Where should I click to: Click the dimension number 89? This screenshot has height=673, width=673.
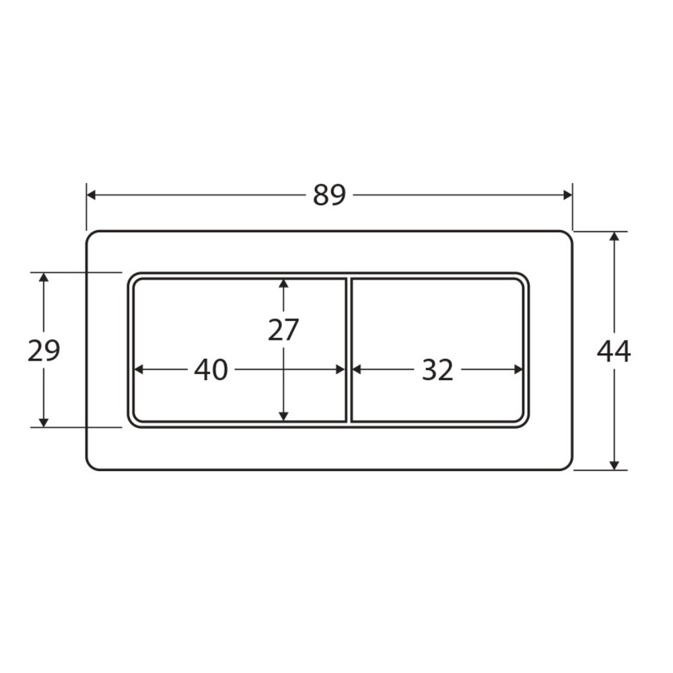pos(329,195)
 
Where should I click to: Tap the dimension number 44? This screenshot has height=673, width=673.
pos(614,351)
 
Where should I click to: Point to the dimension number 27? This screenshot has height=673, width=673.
pos(283,330)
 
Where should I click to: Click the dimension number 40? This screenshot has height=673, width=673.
pos(211,370)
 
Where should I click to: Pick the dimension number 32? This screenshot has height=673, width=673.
pos(437,370)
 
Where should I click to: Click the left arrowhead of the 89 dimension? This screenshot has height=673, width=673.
pos(91,195)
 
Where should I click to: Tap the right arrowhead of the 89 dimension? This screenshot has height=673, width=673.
pos(567,195)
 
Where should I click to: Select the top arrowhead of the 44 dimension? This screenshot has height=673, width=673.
pos(614,236)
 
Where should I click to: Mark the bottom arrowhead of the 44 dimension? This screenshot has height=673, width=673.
pos(614,465)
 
